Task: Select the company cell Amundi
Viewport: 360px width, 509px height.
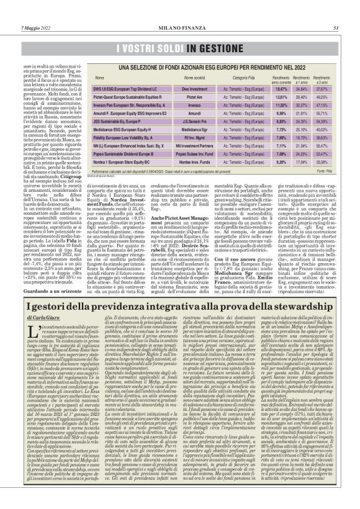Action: tap(177, 114)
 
